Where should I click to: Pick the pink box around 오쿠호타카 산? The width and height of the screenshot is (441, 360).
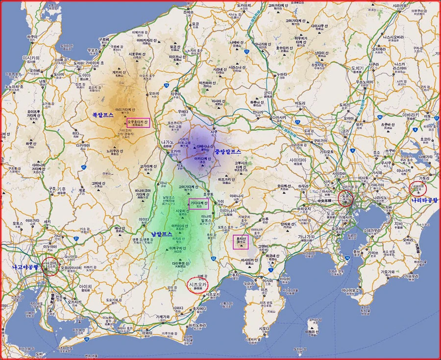pos(138,122)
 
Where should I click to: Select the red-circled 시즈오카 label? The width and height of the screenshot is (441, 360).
pos(198,285)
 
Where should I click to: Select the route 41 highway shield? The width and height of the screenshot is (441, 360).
pos(84,167)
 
